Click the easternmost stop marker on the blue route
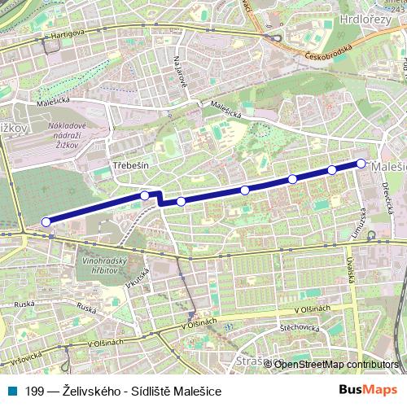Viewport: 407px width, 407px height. pyautogui.click(x=361, y=164)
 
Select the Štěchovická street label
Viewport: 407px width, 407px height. pyautogui.click(x=298, y=327)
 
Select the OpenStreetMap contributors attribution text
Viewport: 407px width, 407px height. pyautogui.click(x=336, y=364)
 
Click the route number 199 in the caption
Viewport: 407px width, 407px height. pyautogui.click(x=34, y=392)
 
